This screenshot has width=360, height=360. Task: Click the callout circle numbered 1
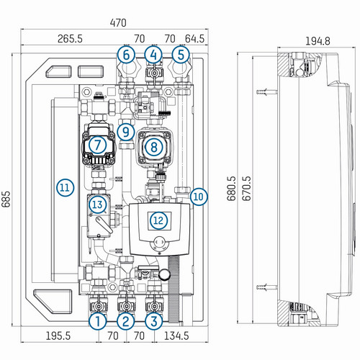click(98, 321)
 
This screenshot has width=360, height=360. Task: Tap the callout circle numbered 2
click(126, 321)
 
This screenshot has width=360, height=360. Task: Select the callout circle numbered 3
click(154, 321)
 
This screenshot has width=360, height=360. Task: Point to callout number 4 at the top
click(153, 55)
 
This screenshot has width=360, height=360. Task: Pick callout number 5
click(181, 55)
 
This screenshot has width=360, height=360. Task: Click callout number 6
click(126, 55)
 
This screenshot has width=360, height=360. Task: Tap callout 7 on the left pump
click(97, 145)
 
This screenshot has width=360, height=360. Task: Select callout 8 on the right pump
click(154, 147)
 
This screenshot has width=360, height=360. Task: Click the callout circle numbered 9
click(126, 132)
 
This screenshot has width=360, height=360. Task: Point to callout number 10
click(199, 197)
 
